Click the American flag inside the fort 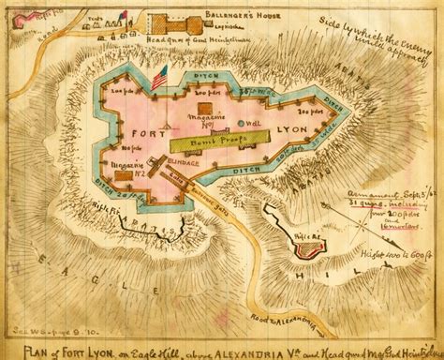tap(158, 77)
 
